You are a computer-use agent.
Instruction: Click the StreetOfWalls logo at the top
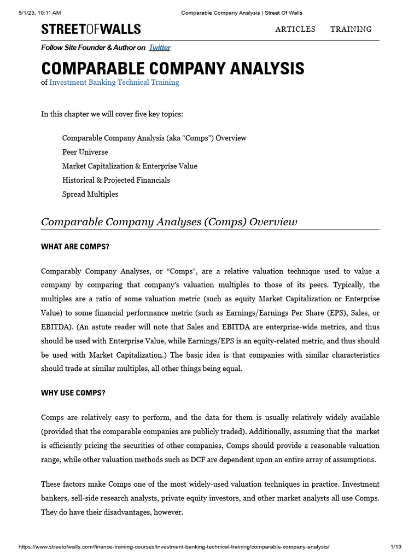(91, 29)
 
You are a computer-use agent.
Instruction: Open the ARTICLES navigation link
(295, 29)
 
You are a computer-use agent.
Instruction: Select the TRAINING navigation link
(351, 29)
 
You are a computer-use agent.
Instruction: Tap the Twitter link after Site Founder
(160, 48)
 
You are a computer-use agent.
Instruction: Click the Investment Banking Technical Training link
(114, 82)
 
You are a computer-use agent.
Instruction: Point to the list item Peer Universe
(85, 152)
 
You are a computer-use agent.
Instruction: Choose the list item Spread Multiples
(90, 194)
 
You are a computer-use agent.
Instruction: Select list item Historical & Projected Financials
(116, 180)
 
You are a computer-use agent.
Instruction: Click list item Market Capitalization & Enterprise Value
(130, 166)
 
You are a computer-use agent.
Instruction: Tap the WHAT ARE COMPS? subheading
(75, 247)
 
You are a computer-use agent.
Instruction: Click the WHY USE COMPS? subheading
(73, 393)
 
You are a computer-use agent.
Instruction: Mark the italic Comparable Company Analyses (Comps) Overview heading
(169, 221)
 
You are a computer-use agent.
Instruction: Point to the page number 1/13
(396, 547)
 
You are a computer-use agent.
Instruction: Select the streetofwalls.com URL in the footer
(174, 547)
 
